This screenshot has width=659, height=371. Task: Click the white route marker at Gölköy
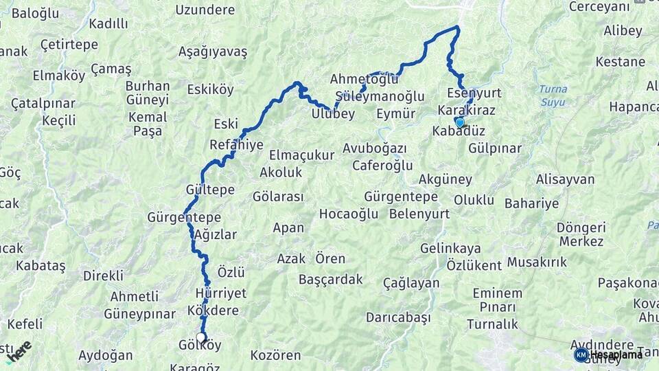click(x=201, y=337)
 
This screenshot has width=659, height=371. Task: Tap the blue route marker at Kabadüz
click(x=459, y=122)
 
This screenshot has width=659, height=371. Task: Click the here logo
click(x=19, y=352)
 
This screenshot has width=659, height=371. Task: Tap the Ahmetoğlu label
click(x=364, y=78)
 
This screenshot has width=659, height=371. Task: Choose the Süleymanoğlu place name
click(x=380, y=96)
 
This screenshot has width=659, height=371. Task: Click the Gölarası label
click(x=278, y=196)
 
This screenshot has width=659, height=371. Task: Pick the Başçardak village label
click(x=330, y=280)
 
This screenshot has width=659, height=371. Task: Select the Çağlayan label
click(x=411, y=283)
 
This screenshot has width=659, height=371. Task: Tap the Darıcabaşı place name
click(x=398, y=317)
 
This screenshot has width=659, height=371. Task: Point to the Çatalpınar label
click(x=43, y=104)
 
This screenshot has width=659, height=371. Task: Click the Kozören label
click(x=276, y=355)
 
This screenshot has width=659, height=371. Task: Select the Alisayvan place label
click(x=565, y=179)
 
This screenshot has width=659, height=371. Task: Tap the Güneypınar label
click(x=139, y=313)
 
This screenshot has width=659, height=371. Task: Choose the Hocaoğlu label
click(x=349, y=214)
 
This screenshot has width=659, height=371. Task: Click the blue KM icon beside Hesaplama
click(x=581, y=355)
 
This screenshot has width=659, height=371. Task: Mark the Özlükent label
click(x=474, y=265)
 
